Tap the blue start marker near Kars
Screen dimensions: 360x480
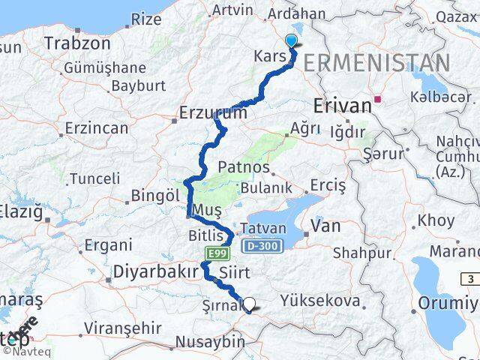coord(291,43)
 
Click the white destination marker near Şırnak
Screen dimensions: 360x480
coord(249,304)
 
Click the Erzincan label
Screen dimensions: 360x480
coord(97,127)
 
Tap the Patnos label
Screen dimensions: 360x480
coord(244,166)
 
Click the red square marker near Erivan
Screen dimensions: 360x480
coord(379,98)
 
